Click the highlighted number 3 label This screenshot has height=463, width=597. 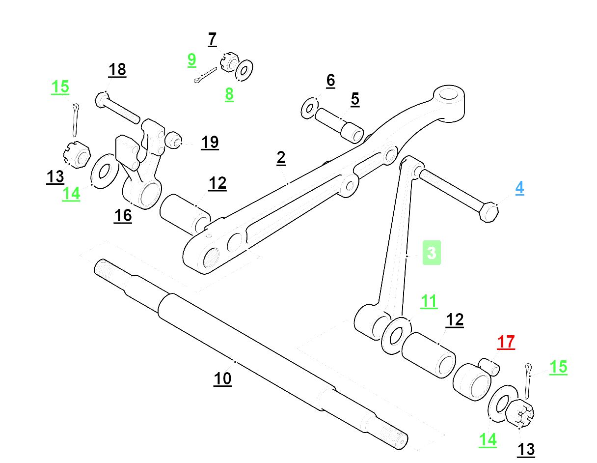tap(432, 253)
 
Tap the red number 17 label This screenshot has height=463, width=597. tap(506, 342)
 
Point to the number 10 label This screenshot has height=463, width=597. tap(222, 378)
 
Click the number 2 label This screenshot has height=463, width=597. tap(281, 158)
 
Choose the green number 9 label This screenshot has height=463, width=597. tap(192, 60)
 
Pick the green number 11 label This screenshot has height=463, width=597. tap(429, 301)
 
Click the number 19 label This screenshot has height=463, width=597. tap(210, 143)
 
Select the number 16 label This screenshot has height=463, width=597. tap(123, 215)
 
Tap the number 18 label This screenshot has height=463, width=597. tap(117, 70)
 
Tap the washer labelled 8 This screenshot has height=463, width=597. tap(244, 70)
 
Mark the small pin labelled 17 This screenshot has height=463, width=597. tap(489, 366)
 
